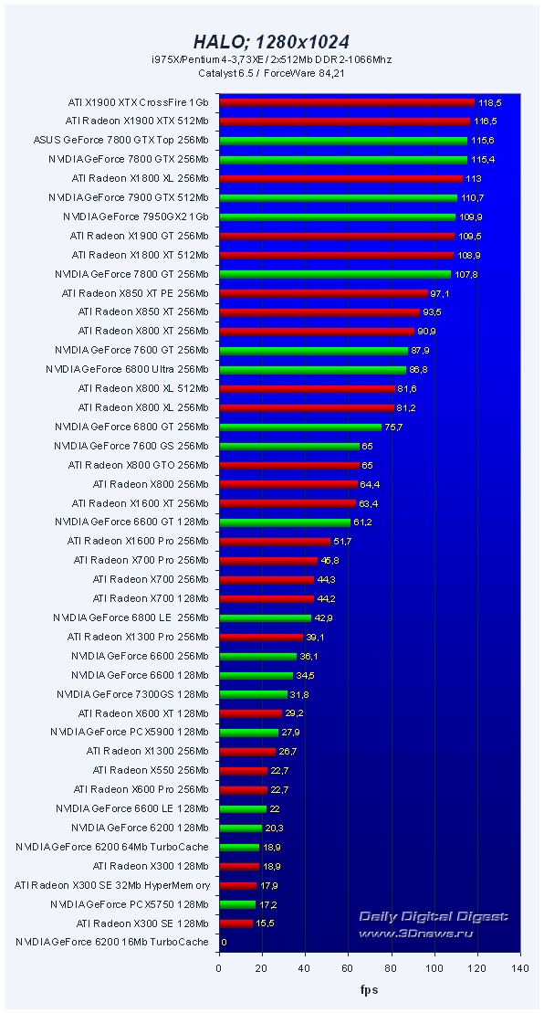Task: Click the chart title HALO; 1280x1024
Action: point(271,42)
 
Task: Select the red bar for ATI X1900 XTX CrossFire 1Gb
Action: point(346,102)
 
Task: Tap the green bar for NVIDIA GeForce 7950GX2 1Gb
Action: point(337,216)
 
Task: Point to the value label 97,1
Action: point(442,293)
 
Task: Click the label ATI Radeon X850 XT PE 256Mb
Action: point(135,293)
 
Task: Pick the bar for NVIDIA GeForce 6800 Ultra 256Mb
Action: point(312,369)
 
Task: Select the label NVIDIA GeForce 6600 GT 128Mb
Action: point(131,522)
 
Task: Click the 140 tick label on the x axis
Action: point(520,968)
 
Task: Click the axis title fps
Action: point(369,989)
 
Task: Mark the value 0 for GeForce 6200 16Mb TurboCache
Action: point(224,942)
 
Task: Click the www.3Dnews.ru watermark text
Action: point(438,933)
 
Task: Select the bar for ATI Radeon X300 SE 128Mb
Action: point(235,923)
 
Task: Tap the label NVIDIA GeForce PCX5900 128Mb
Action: point(130,732)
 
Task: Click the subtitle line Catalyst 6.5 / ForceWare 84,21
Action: point(271,72)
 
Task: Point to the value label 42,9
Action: point(325,617)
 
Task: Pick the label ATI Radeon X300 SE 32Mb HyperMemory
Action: point(112,884)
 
